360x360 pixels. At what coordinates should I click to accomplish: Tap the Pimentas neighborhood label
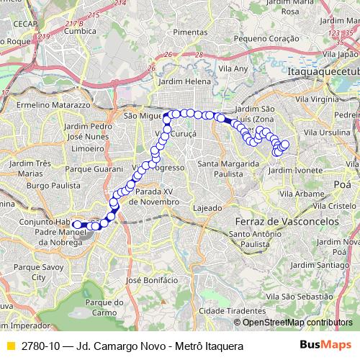[x=189, y=32]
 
